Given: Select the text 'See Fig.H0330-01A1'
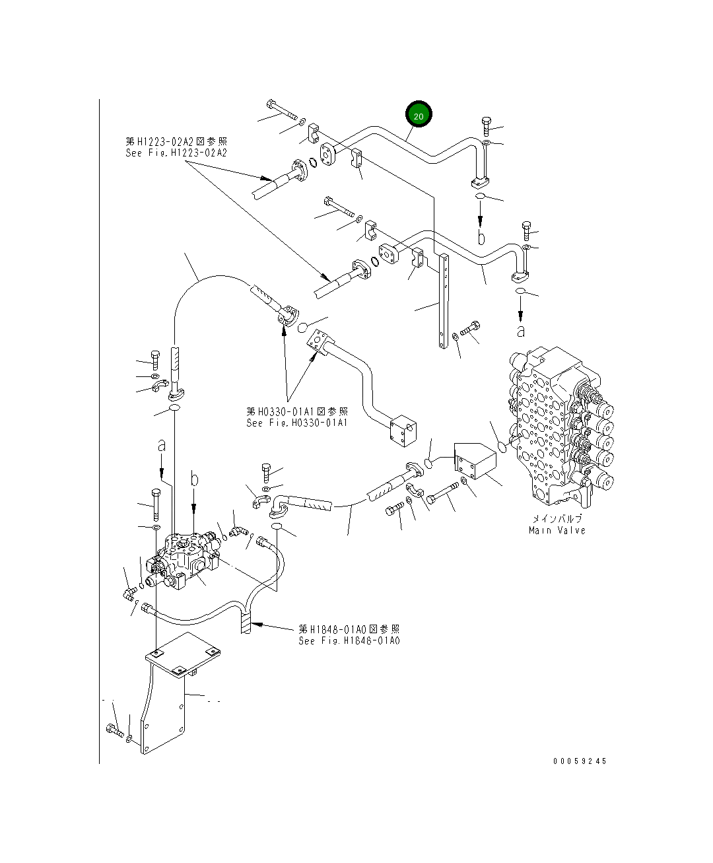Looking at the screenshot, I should pos(296,423).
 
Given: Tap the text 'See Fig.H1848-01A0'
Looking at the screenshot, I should pos(349,640).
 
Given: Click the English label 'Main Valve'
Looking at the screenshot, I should pos(557,530).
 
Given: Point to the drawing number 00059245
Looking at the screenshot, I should pos(579,761).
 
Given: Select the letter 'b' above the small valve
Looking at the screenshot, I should pos(194,481).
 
